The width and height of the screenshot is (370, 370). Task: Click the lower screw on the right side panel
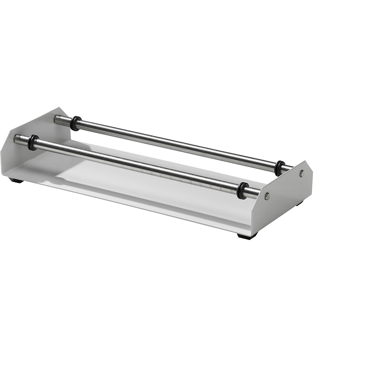click(267, 195)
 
